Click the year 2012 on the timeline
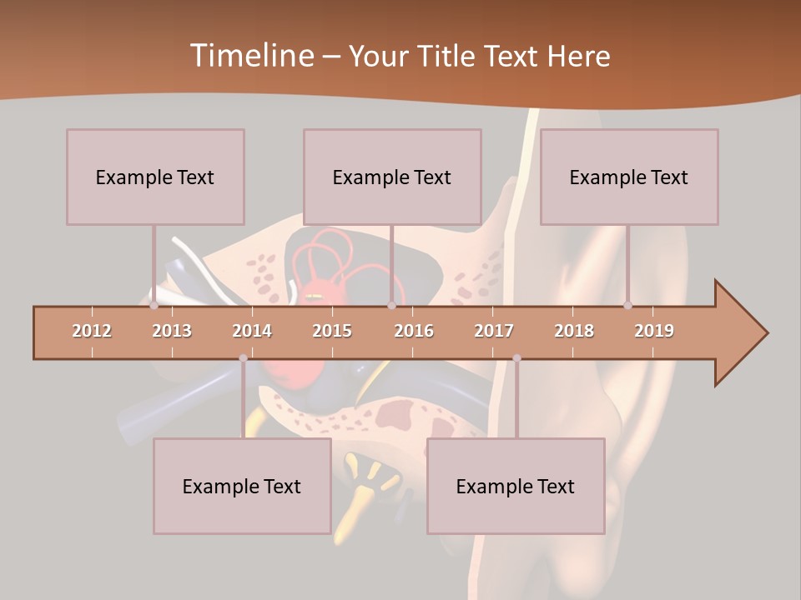92,331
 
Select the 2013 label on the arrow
172,331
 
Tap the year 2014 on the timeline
252,331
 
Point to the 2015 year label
332,331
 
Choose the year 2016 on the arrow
414,331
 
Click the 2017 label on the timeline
494,331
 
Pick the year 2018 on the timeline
574,331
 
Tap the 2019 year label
654,331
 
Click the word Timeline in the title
250,56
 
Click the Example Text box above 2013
155,177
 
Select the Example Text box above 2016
392,177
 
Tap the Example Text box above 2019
629,177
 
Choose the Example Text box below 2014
242,486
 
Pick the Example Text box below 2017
516,486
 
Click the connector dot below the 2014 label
243,358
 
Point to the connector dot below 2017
516,358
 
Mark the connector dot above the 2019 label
628,305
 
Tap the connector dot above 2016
391,305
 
